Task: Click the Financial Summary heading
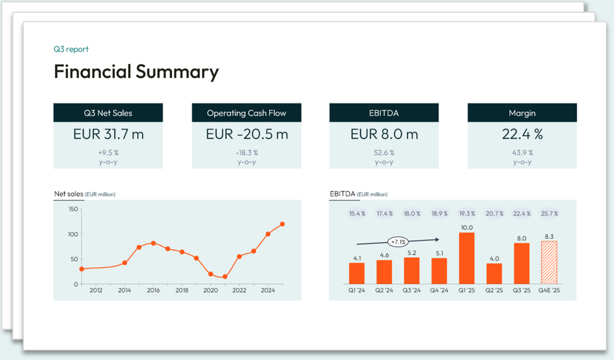coord(136,72)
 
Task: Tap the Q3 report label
coord(71,49)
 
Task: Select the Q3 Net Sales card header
coord(108,113)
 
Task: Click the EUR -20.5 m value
coord(247,134)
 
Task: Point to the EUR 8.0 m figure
coord(384,134)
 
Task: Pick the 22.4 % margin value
coord(522,134)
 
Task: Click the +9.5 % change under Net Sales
coord(108,153)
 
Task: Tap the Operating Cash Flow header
coord(247,113)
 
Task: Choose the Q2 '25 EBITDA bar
coord(494,273)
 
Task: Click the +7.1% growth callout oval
coord(398,241)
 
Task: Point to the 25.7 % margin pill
coord(548,214)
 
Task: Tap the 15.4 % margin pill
coord(357,214)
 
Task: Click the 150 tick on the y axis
coord(73,209)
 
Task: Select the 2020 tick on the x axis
coord(211,290)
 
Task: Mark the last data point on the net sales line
coord(282,224)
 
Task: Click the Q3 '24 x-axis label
coord(411,290)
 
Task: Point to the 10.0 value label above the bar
coord(467,228)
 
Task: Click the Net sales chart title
coord(68,194)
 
